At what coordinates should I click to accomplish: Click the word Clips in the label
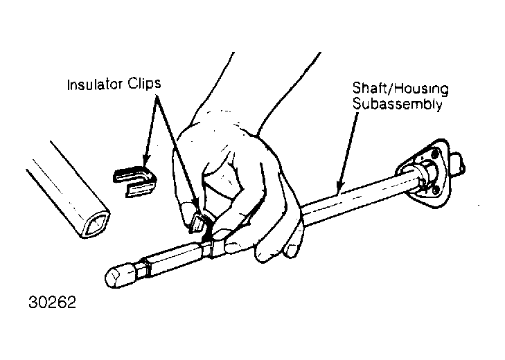[144, 84]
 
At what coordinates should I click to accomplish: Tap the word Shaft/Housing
[400, 89]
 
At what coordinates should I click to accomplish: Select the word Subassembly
[397, 104]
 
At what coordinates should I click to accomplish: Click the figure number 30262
[52, 303]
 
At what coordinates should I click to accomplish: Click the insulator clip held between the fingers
[197, 223]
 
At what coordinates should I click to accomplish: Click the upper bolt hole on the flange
[435, 152]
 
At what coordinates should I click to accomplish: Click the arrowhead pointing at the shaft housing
[339, 186]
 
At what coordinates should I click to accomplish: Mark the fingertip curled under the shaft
[292, 249]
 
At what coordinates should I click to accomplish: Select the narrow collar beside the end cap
[147, 267]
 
